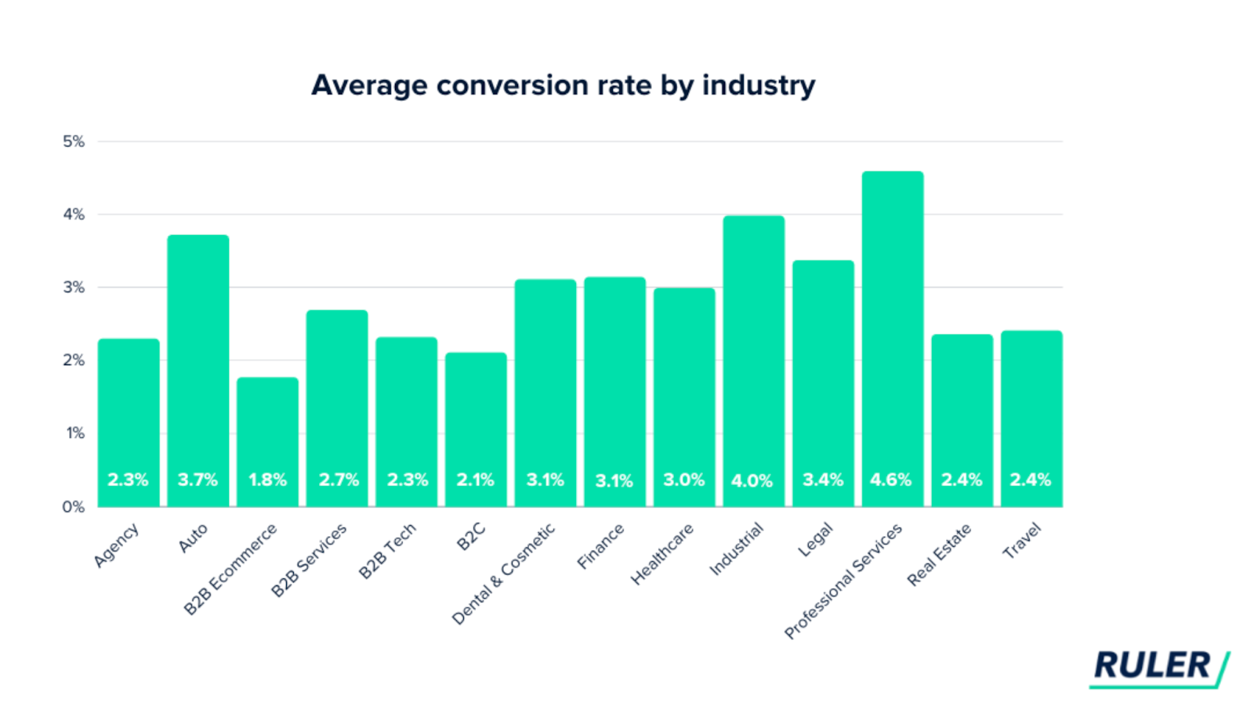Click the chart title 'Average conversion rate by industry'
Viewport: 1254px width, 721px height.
click(563, 85)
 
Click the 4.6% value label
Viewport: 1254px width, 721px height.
click(891, 480)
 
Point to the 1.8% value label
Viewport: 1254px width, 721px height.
click(267, 480)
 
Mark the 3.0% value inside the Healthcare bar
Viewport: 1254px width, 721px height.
click(683, 480)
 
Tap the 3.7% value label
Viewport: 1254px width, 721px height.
click(198, 480)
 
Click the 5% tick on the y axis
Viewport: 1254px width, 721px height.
click(74, 142)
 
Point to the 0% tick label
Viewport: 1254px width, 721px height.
click(74, 507)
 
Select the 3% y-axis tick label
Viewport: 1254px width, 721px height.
click(74, 288)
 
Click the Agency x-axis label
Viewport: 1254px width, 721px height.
click(117, 545)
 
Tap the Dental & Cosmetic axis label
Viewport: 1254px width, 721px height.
click(503, 574)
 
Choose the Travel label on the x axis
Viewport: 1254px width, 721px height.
click(1022, 541)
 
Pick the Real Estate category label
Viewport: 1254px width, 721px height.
click(939, 554)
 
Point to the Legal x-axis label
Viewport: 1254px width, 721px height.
click(815, 540)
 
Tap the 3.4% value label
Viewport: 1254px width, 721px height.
click(822, 480)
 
